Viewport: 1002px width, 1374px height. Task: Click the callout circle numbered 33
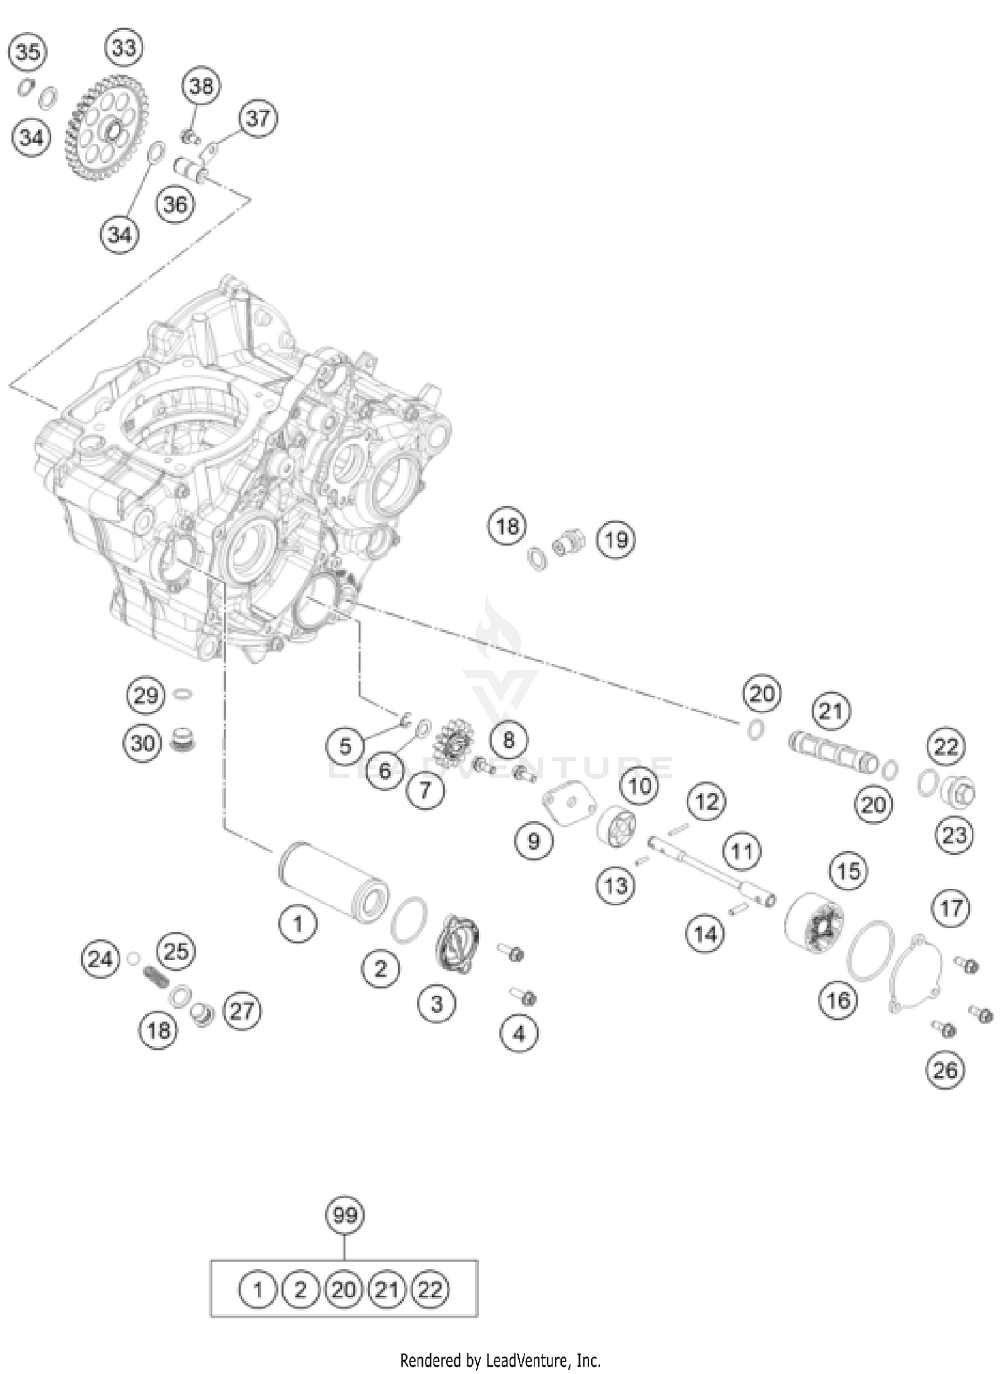pos(124,47)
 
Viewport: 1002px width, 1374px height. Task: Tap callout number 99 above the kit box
pos(345,1215)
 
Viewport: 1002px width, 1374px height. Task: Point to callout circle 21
pos(831,711)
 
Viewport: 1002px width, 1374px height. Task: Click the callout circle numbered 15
pos(848,871)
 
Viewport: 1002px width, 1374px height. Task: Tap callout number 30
pos(143,743)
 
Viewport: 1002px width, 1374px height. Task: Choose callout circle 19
pos(616,539)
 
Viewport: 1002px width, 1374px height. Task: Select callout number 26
pos(945,1071)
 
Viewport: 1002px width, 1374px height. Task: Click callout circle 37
pos(258,118)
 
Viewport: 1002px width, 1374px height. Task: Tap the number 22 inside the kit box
pos(430,1290)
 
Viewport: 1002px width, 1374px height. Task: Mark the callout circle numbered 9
pos(534,840)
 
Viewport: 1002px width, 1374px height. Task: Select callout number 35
pos(28,51)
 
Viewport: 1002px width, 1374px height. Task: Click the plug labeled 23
pos(959,792)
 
